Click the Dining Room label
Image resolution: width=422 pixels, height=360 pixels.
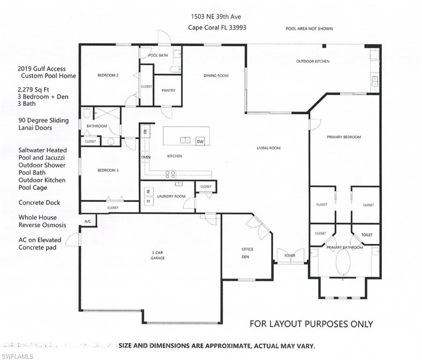pyautogui.click(x=216, y=75)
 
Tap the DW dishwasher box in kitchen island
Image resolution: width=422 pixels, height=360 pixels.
pyautogui.click(x=200, y=141)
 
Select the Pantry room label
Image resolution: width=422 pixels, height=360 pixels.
pyautogui.click(x=168, y=90)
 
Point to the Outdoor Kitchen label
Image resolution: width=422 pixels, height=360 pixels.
pyautogui.click(x=312, y=61)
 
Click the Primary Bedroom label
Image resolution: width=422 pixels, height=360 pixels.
pyautogui.click(x=344, y=137)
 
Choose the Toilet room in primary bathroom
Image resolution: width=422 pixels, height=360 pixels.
pyautogui.click(x=367, y=234)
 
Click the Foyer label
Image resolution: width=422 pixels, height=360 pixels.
pyautogui.click(x=290, y=256)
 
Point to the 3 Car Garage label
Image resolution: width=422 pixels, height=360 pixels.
pyautogui.click(x=157, y=255)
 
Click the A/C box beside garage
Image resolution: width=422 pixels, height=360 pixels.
pyautogui.click(x=87, y=221)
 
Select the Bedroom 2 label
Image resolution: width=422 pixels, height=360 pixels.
pyautogui.click(x=107, y=75)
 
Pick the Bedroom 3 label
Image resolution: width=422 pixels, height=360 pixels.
pyautogui.click(x=107, y=171)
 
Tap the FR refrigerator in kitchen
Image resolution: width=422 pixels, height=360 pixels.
pyautogui.click(x=145, y=131)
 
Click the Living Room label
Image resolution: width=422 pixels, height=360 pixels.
pyautogui.click(x=268, y=148)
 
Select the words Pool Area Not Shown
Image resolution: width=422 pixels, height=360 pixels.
pyautogui.click(x=309, y=29)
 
